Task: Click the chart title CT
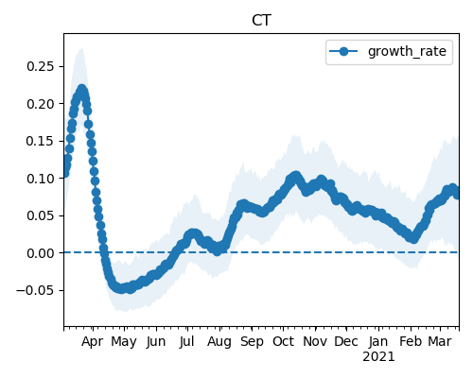tap(261, 21)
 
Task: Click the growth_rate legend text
tap(407, 51)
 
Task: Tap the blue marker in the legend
tap(343, 51)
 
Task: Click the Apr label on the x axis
tap(92, 342)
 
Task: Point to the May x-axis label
tap(124, 342)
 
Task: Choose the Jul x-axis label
tap(186, 342)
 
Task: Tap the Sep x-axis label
tap(252, 342)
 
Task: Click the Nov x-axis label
tap(315, 342)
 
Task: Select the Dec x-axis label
tap(346, 342)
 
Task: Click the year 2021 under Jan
tap(378, 357)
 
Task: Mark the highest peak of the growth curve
tap(82, 90)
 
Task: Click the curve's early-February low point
tap(413, 238)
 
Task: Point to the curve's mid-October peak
tap(295, 177)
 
